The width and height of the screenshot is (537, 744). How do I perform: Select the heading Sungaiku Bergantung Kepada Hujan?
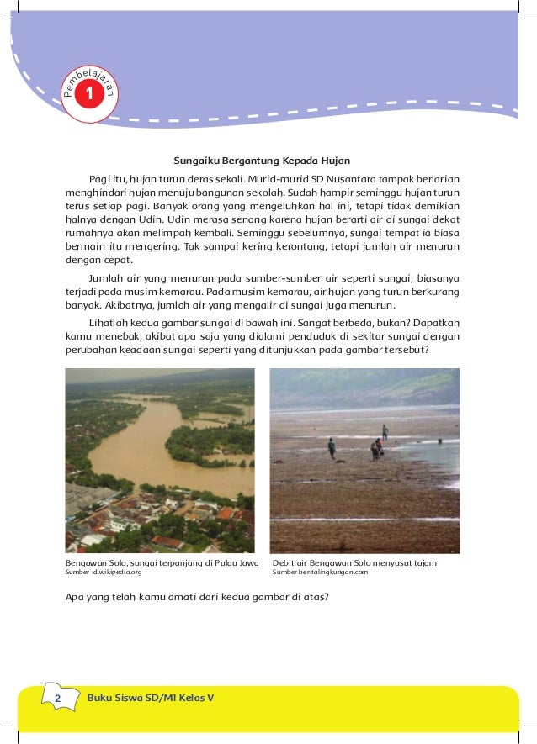(x=262, y=160)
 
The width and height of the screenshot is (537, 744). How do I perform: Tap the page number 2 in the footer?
(x=57, y=699)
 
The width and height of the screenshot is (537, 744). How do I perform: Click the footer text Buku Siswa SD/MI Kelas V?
(x=151, y=699)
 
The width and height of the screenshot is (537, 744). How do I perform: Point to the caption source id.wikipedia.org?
(x=104, y=572)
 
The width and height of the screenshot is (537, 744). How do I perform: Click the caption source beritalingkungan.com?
(x=320, y=572)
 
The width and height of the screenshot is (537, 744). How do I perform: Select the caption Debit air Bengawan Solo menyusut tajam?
(x=354, y=562)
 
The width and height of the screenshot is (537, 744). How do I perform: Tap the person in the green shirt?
(x=332, y=446)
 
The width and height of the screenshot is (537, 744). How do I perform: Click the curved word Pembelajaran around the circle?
(x=89, y=81)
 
